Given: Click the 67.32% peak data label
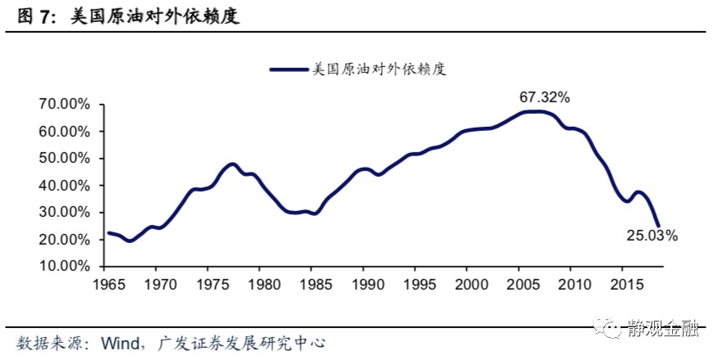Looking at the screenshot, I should click(544, 97).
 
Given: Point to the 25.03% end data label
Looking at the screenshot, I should click(652, 236).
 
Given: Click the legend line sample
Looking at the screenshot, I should click(290, 70).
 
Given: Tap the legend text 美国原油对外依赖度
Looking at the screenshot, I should click(379, 70).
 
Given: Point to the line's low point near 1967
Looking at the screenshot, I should click(129, 241).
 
